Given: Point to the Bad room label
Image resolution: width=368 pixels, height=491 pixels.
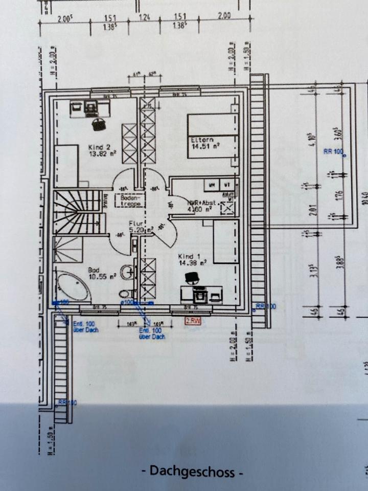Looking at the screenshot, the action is (x=95, y=270).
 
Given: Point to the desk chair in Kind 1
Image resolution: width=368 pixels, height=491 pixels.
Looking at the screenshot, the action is (x=192, y=278).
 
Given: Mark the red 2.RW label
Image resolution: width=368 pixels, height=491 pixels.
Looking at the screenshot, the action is (x=193, y=320).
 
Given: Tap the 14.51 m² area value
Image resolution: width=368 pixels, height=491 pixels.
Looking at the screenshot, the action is (x=205, y=146).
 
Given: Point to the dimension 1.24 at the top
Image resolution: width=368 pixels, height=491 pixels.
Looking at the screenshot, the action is (x=147, y=17).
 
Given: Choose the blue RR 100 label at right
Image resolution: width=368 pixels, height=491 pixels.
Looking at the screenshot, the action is (x=333, y=151).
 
